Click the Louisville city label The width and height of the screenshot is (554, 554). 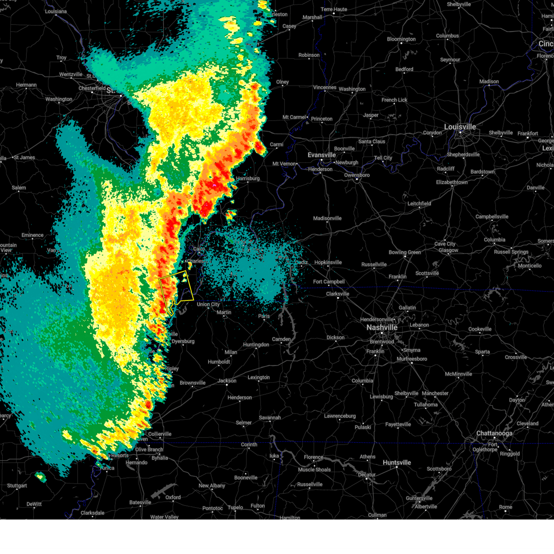[x=460, y=127]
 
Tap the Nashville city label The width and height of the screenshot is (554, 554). [x=382, y=327]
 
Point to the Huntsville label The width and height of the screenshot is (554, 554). [x=397, y=463]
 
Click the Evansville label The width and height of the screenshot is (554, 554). [x=322, y=155]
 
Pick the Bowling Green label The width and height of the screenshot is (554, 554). [x=404, y=253]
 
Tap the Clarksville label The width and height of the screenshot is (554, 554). [x=337, y=294]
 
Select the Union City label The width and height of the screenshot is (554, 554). [x=208, y=305]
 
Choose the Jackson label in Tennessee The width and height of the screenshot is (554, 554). [x=227, y=381]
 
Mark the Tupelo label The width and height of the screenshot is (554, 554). [x=235, y=507]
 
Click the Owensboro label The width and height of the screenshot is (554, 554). [x=357, y=175]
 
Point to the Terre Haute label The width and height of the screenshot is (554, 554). [x=334, y=10]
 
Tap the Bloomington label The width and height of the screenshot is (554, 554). [x=401, y=39]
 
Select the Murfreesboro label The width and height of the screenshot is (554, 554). [x=412, y=359]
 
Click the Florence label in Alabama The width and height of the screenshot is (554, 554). [x=313, y=458]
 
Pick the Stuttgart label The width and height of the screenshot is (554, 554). [x=17, y=486]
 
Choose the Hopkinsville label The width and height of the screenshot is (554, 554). [x=328, y=263]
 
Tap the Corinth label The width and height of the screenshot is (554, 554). [x=249, y=445]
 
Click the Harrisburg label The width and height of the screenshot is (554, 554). [x=247, y=179]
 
